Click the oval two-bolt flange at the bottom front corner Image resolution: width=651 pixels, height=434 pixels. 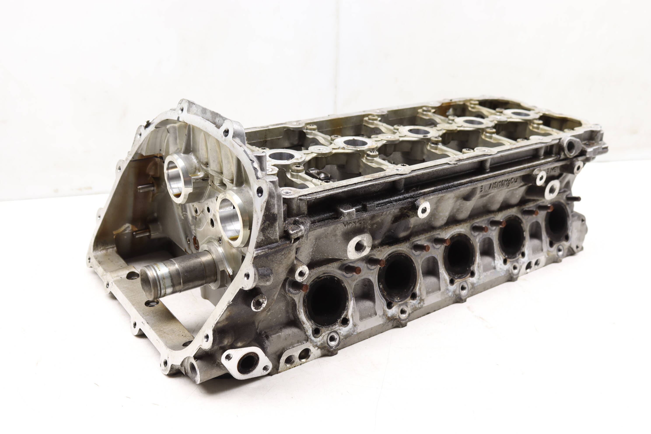247,363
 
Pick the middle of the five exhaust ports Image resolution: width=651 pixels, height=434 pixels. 459,256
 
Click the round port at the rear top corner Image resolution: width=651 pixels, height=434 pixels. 570,147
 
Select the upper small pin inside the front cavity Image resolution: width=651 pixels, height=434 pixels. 146,188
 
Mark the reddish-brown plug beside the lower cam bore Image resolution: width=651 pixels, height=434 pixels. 195,242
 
